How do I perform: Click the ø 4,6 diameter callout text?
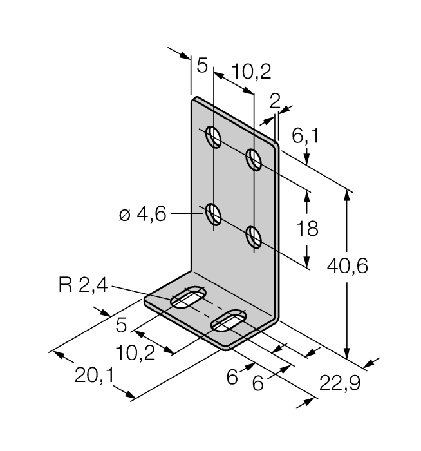pyautogui.click(x=142, y=215)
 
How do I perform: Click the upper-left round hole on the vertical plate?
pyautogui.click(x=214, y=137)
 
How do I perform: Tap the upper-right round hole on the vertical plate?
pyautogui.click(x=254, y=159)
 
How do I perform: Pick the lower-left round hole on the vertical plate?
pyautogui.click(x=214, y=213)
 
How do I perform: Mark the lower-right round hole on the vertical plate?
pyautogui.click(x=254, y=236)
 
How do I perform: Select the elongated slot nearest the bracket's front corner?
pyautogui.click(x=229, y=321)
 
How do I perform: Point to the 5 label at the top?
pyautogui.click(x=202, y=66)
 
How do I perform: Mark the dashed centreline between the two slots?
pyautogui.click(x=208, y=310)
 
